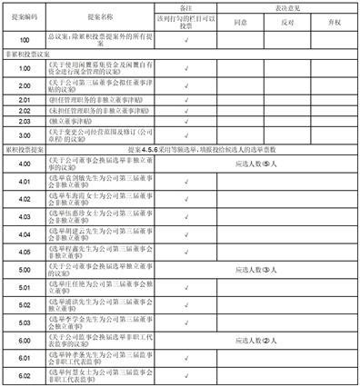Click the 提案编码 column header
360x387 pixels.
(22, 17)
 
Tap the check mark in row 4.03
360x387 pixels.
(185, 219)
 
